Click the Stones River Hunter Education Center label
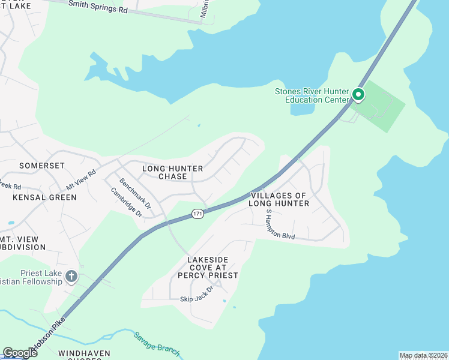[x=312, y=95]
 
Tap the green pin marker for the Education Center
[x=358, y=94]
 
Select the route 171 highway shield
[x=198, y=214]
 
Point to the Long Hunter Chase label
[x=172, y=173]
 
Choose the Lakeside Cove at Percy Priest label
[x=212, y=268]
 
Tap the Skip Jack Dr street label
[x=197, y=298]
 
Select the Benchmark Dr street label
[x=135, y=194]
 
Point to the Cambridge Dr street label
[x=126, y=202]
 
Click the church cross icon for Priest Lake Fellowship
[x=71, y=277]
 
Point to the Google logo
[x=20, y=353]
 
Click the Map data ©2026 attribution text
[x=423, y=355]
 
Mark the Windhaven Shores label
[x=80, y=355]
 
